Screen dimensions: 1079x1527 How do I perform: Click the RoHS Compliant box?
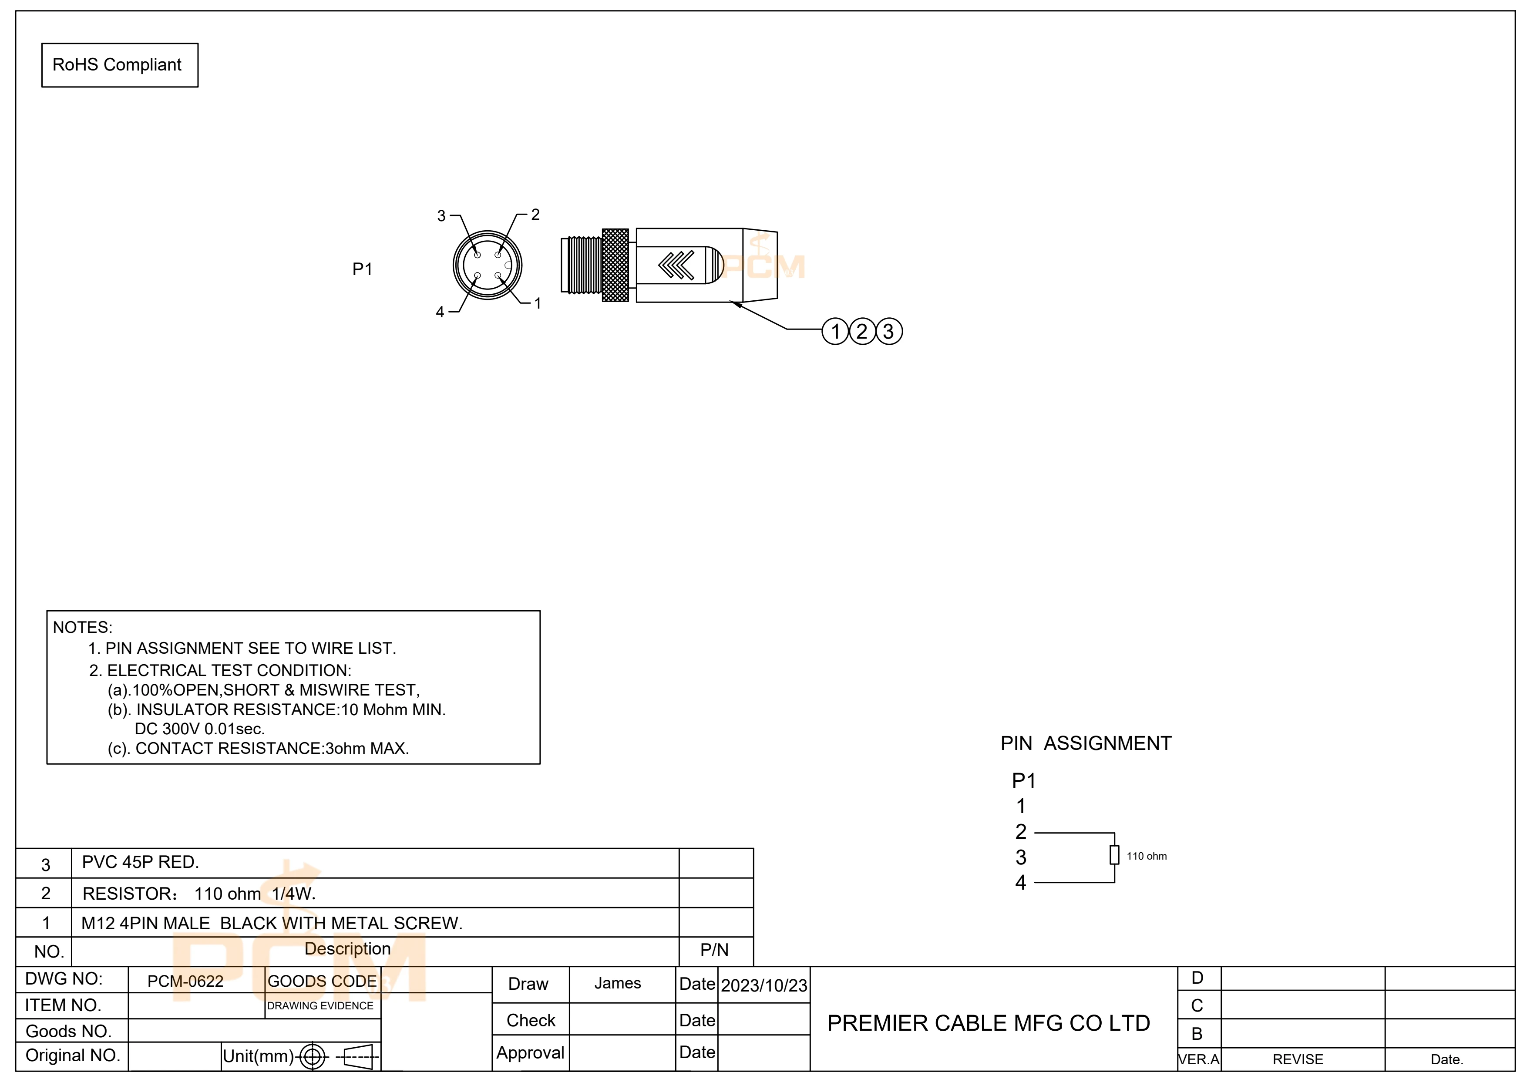[120, 65]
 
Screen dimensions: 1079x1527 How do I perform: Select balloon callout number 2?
[862, 331]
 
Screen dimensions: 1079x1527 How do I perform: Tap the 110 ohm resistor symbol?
[1115, 855]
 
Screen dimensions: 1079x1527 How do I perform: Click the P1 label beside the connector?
[363, 269]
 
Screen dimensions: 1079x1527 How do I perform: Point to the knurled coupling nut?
[615, 265]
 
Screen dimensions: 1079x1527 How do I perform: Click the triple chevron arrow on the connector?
[676, 265]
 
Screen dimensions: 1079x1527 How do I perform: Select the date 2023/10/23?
[764, 985]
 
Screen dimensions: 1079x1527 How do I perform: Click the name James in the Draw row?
[617, 983]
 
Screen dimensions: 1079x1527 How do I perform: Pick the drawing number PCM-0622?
[185, 981]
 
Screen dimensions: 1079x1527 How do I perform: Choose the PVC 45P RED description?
[140, 862]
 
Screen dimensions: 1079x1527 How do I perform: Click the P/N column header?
[714, 950]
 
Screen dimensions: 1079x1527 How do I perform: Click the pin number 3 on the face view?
[441, 216]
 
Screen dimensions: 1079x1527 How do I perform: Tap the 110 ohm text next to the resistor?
[1147, 856]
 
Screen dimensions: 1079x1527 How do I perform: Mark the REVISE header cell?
[1298, 1059]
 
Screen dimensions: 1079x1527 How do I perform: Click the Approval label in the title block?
[530, 1052]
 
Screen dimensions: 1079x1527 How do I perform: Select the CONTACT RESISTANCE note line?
[259, 749]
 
